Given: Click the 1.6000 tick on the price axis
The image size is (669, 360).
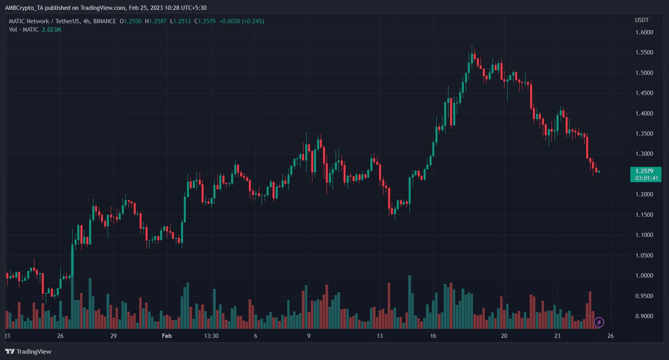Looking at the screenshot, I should coord(644,32).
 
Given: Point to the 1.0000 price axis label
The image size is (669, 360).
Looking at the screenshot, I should coord(644,276).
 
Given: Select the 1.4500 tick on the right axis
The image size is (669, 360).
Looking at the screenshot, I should coord(644,93).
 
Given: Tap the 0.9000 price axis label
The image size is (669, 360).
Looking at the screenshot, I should coord(644,316).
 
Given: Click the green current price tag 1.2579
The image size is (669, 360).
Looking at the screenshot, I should coord(644,171).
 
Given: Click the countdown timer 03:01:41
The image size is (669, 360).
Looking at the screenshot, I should coord(647,178).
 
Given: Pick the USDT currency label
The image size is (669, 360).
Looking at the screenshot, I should coord(642,20).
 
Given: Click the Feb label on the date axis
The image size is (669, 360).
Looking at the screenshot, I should coord(167,336).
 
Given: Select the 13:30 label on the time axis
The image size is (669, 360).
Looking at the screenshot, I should coord(211,336).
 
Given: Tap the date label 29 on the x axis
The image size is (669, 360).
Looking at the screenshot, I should coord(114,336).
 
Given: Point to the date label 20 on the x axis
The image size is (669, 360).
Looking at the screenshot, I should coord(504,336).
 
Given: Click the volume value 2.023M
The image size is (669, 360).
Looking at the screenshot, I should coord(52,30).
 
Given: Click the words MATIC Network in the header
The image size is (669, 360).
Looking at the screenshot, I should coord(29,21).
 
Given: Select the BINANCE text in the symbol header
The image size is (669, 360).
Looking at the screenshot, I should coord(105,21).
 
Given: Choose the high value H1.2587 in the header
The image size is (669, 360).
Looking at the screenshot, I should coord(156,21).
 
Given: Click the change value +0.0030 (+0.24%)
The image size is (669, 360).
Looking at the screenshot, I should coord(241,21).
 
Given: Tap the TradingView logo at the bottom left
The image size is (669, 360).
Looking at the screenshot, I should coord(28,351).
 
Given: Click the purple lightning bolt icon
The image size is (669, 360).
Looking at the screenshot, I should coord(599,323).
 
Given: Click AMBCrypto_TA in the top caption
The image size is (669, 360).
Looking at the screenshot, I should coord(24,8).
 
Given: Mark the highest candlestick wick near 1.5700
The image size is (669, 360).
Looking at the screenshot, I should coord(472,47).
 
